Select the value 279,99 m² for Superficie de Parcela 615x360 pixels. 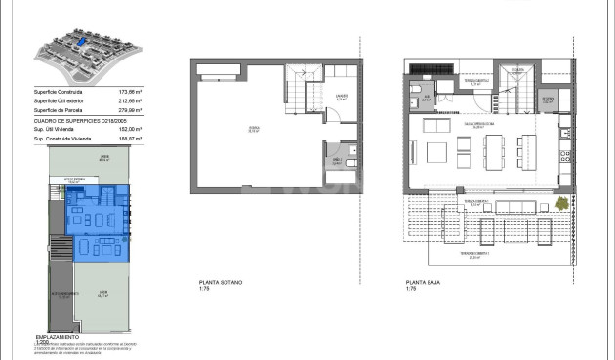point(129,111)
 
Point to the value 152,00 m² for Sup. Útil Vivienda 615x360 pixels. point(129,130)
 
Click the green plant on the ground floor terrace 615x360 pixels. point(562,202)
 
